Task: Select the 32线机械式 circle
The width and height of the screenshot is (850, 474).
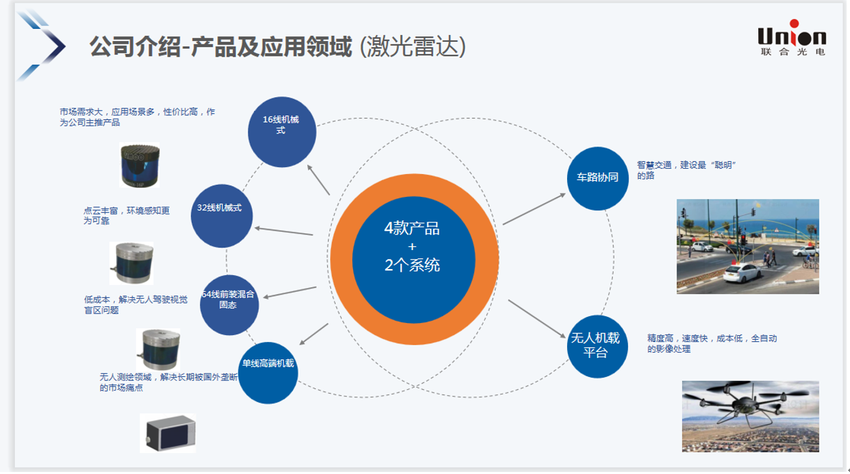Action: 222,214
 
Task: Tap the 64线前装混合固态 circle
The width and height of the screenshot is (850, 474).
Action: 229,304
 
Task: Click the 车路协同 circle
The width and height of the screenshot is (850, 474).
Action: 597,178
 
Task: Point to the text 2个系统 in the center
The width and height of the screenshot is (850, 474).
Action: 412,265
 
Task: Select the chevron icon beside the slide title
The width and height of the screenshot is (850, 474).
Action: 45,45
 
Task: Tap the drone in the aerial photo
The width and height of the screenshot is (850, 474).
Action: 745,403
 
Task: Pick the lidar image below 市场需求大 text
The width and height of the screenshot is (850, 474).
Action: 140,165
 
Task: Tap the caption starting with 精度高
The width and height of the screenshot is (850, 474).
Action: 716,343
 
